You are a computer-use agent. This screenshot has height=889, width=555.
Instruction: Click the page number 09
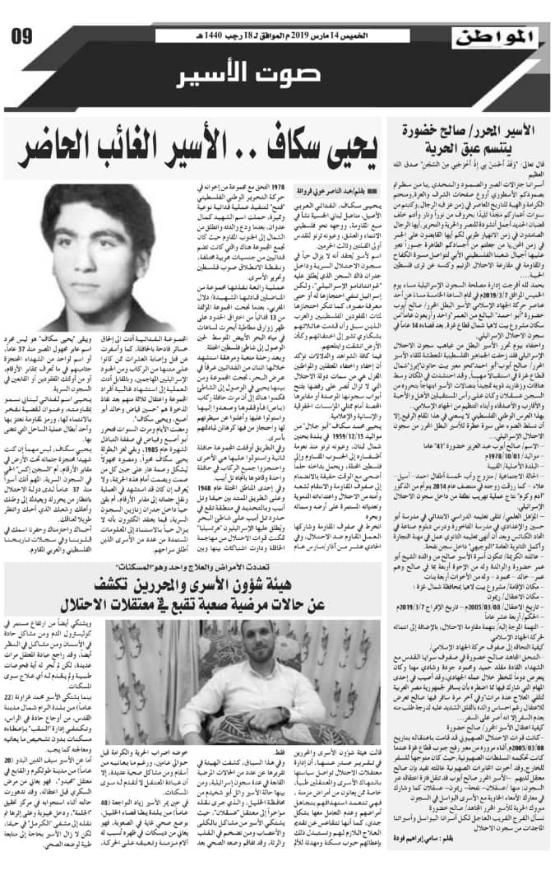click(x=22, y=35)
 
